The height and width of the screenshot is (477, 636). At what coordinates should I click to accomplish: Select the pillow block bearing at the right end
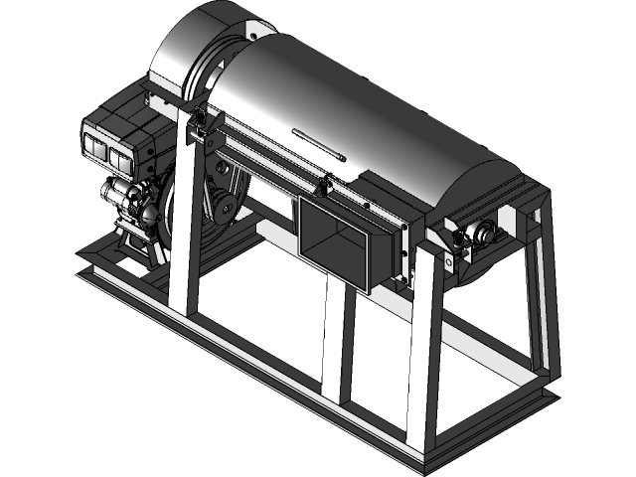click(484, 234)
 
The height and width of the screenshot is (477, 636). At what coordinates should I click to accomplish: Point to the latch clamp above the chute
click(323, 183)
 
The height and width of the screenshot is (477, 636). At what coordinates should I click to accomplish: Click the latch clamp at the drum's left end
click(202, 123)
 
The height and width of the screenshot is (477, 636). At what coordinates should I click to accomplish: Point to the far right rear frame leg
click(537, 298)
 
